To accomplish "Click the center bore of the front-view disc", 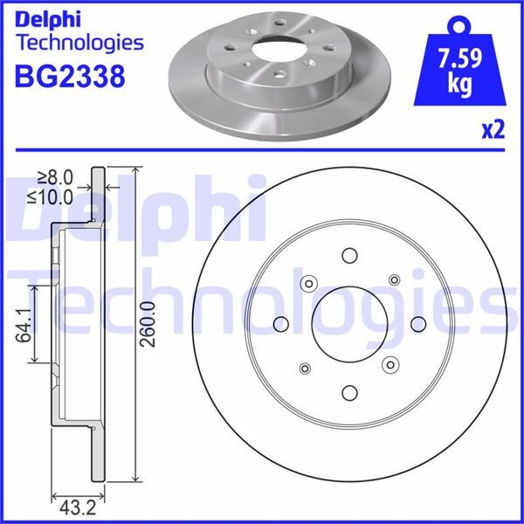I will click(350, 324).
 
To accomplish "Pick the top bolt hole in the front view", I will click(350, 256).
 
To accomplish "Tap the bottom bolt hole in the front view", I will click(350, 392).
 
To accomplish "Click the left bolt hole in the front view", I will click(281, 324).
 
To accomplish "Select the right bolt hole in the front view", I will click(418, 324).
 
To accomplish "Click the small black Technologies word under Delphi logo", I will click(79, 42).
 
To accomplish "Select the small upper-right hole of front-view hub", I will click(394, 279).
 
